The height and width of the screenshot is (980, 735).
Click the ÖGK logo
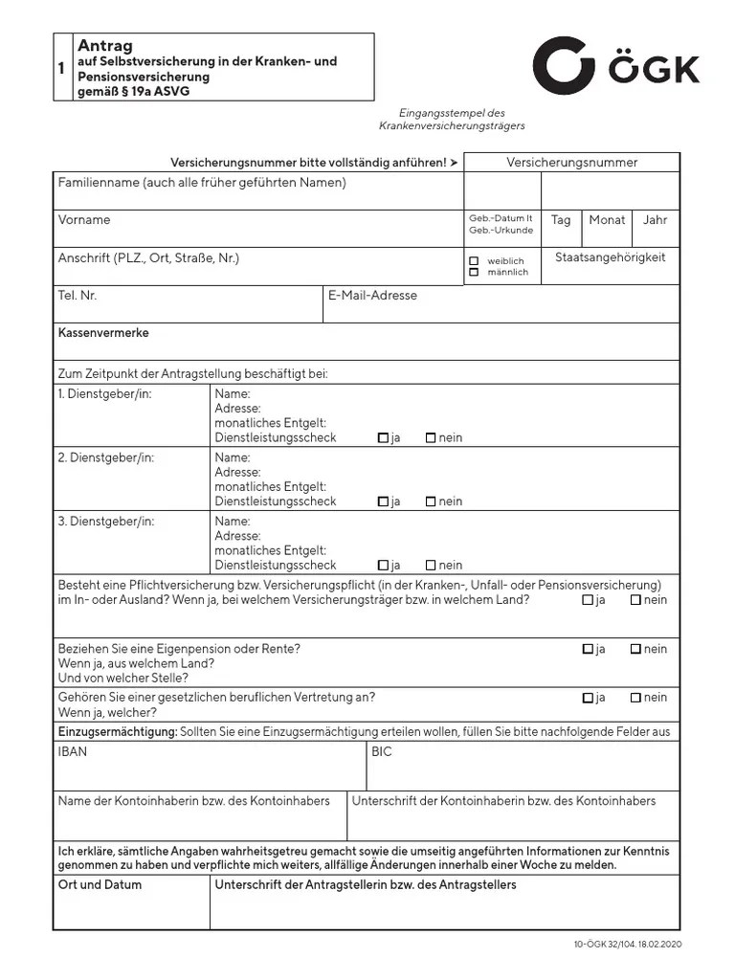(615, 68)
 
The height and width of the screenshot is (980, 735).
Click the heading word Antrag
(104, 46)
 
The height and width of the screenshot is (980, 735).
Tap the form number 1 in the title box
(61, 68)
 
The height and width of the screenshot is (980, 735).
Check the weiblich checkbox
(474, 260)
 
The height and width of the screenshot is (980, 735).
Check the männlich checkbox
(474, 273)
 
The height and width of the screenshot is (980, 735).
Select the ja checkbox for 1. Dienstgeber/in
(383, 438)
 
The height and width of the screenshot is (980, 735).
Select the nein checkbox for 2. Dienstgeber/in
(431, 501)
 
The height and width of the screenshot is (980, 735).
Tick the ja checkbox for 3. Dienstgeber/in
(383, 565)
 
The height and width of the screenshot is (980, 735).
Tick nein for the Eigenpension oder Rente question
(635, 649)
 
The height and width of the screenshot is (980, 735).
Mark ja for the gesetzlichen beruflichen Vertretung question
(588, 698)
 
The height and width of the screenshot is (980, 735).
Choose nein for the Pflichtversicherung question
(635, 600)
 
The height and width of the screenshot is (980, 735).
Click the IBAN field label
(73, 752)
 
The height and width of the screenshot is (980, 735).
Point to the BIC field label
(381, 752)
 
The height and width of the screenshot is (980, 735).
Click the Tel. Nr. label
(78, 296)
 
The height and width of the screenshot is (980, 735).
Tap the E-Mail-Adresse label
(372, 296)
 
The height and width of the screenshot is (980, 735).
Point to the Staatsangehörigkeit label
(610, 257)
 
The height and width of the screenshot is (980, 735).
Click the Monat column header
(607, 220)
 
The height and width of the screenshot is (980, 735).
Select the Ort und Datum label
(100, 885)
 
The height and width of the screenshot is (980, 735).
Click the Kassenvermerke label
(103, 333)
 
